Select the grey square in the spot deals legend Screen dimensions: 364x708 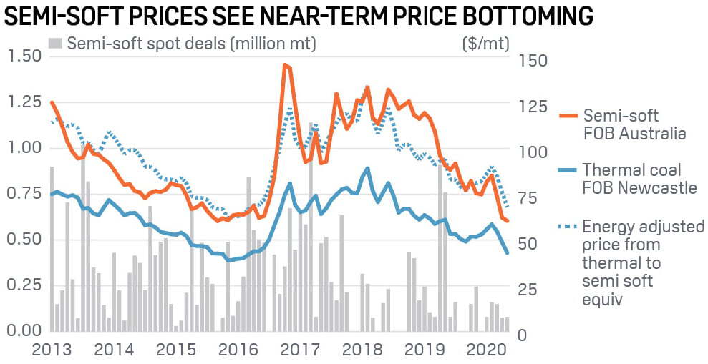point(55,44)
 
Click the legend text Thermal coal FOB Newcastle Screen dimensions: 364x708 point(639,179)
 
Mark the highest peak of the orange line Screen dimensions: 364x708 point(285,65)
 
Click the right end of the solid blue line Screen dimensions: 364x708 point(508,252)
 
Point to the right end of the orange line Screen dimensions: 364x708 point(508,222)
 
